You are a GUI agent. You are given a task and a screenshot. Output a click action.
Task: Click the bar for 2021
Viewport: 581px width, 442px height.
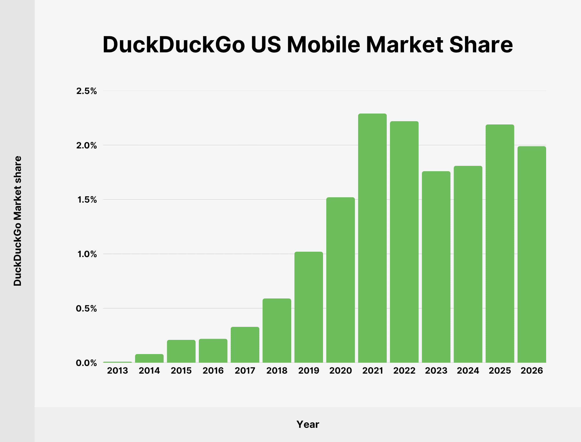[x=372, y=238]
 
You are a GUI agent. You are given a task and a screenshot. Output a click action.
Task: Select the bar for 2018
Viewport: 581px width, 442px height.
[x=277, y=330]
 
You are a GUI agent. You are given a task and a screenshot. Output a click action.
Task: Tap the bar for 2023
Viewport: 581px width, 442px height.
[x=436, y=267]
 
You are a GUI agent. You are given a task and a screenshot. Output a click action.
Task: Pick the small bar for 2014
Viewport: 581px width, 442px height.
[x=149, y=358]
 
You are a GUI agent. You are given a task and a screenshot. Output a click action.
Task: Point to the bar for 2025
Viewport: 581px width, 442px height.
[x=500, y=243]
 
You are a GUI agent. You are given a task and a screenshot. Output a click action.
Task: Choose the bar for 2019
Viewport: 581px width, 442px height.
[x=308, y=307]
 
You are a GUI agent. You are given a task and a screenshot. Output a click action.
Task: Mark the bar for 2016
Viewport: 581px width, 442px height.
[x=213, y=351]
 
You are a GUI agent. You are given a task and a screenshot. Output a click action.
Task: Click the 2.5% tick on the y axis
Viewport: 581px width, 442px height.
[x=86, y=91]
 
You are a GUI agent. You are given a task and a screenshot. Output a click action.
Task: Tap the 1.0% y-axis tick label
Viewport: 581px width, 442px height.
[x=87, y=254]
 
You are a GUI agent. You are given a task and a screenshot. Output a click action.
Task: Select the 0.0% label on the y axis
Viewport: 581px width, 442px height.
[x=86, y=363]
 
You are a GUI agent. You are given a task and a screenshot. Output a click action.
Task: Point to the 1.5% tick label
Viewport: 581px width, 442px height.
[x=87, y=200]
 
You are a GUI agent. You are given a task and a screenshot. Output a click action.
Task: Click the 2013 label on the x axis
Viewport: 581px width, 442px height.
[x=117, y=371]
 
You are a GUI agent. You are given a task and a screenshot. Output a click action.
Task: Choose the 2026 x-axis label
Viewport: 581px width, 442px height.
[x=531, y=371]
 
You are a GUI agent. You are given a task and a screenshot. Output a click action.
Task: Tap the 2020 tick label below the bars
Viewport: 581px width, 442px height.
[x=340, y=371]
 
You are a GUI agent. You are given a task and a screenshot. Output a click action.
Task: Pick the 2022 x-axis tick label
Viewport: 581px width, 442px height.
[x=404, y=371]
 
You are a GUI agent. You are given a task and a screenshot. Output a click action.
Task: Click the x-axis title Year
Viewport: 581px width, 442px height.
[x=308, y=424]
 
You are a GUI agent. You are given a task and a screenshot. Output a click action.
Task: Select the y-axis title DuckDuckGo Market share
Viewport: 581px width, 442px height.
[x=18, y=221]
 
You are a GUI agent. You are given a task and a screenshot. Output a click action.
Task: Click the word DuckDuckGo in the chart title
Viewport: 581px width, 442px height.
[x=174, y=45]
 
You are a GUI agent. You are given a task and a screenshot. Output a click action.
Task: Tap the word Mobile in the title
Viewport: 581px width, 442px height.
[x=324, y=45]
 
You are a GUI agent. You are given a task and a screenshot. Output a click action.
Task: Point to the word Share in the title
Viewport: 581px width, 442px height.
[x=481, y=45]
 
